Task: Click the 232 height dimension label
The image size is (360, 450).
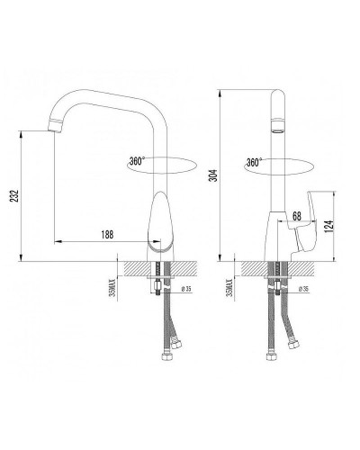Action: (x=14, y=196)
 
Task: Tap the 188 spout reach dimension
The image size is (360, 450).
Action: (x=107, y=234)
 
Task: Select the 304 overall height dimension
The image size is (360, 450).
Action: (x=213, y=175)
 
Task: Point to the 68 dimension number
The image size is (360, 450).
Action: (x=297, y=216)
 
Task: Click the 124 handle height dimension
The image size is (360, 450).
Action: (x=329, y=227)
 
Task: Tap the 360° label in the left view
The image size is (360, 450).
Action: (x=137, y=161)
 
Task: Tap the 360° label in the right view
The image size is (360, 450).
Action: (x=254, y=162)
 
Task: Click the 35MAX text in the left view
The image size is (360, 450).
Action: (x=112, y=287)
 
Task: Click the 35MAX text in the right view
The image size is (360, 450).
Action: (x=229, y=287)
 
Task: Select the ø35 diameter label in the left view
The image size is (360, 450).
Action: (x=186, y=289)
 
